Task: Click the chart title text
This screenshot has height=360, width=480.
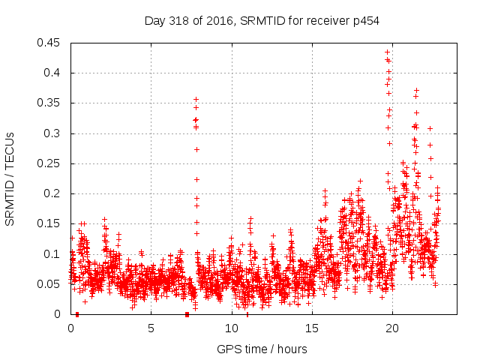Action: (x=262, y=21)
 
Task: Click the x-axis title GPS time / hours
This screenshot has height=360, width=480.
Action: (x=262, y=349)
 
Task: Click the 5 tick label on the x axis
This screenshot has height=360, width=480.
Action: (x=151, y=328)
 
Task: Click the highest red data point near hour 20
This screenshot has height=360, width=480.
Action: (x=387, y=52)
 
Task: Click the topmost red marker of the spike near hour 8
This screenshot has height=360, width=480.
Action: (x=196, y=99)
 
